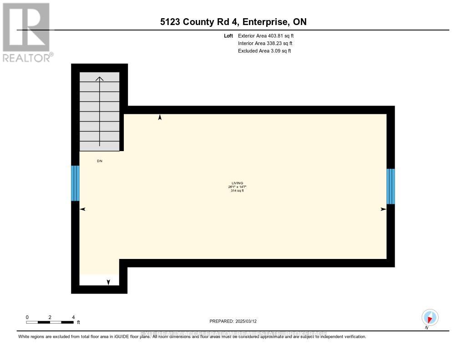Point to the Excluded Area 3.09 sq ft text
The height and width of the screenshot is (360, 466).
[264, 51]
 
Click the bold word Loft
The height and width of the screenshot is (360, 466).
[228, 35]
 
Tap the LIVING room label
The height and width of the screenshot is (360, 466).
[237, 183]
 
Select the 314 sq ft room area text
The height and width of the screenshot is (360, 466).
[237, 191]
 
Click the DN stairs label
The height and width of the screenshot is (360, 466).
[100, 161]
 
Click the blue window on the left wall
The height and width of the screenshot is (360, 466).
[75, 183]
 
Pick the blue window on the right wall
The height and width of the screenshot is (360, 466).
[390, 186]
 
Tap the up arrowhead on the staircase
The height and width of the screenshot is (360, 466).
[99, 79]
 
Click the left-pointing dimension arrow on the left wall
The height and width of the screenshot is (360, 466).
[83, 209]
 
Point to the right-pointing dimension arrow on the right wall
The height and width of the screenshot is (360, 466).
[383, 209]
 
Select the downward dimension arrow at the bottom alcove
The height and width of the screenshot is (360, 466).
[108, 282]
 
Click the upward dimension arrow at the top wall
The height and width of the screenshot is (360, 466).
[160, 117]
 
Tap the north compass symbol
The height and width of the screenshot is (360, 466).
[430, 317]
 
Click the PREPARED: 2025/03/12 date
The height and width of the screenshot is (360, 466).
[236, 321]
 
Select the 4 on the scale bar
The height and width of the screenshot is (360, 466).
[73, 317]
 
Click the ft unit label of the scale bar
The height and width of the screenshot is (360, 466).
[78, 323]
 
